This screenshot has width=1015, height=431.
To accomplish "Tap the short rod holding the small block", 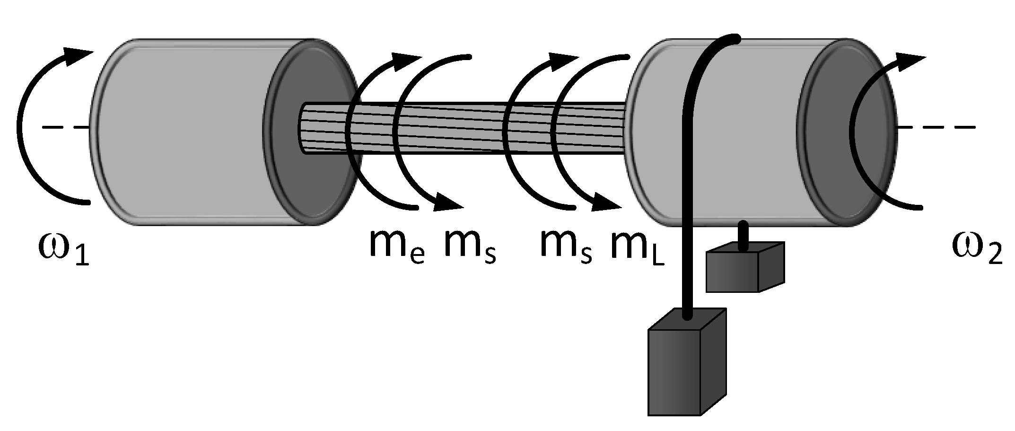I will (744, 234).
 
